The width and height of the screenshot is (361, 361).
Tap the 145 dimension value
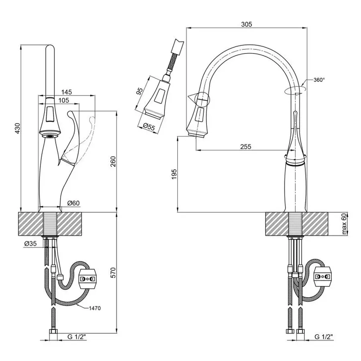coord(67,92)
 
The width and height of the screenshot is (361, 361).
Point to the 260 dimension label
coord(113,161)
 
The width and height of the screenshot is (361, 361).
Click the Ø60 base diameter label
coord(73,203)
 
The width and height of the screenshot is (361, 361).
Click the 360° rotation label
coord(319,80)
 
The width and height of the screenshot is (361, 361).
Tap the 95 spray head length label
coord(140,90)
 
